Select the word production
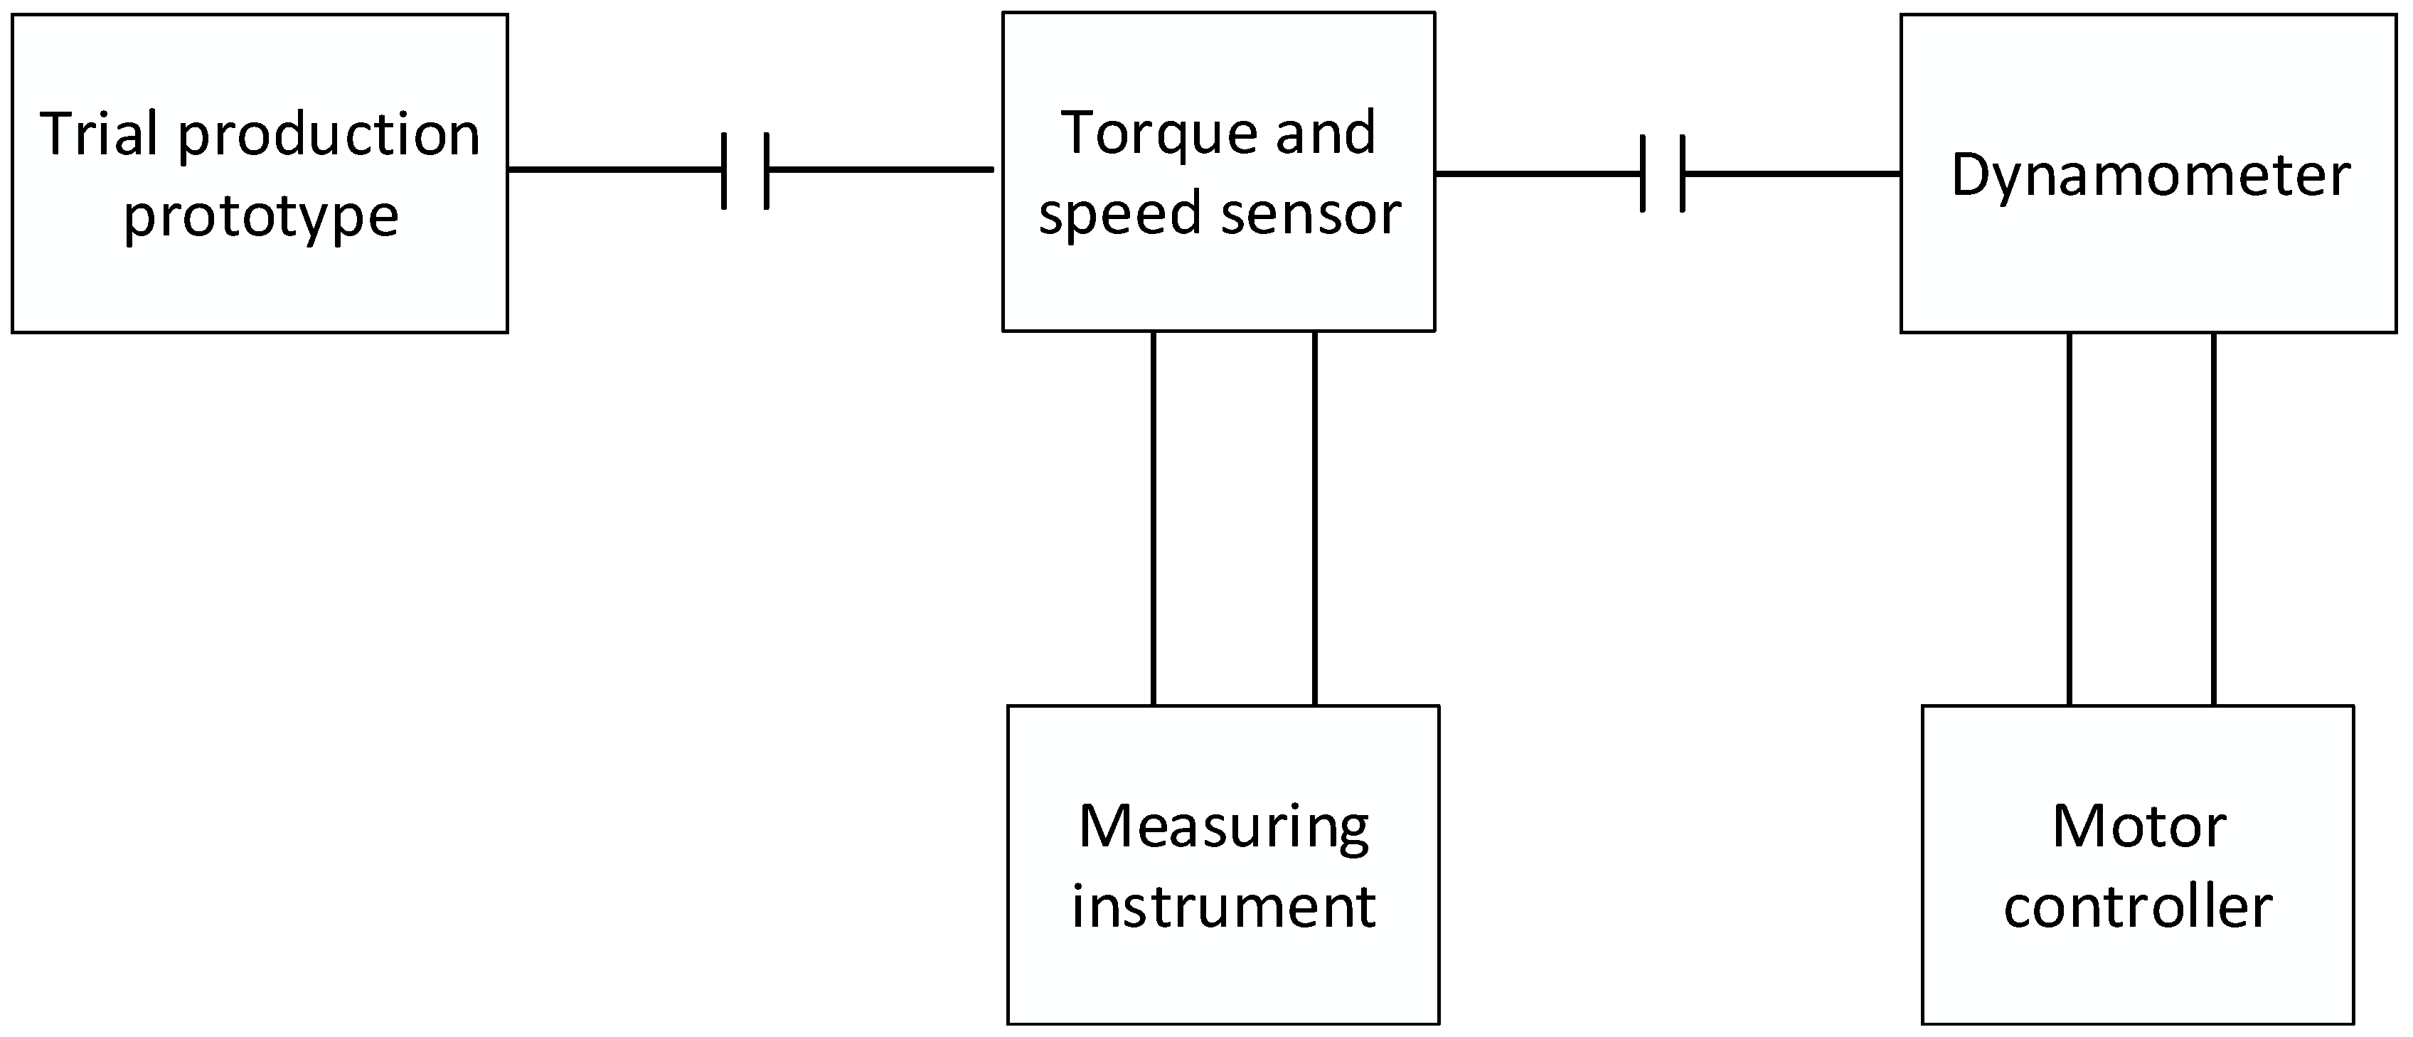tap(329, 137)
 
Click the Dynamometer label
tap(2150, 175)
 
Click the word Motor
tap(2139, 826)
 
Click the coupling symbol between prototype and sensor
tap(745, 171)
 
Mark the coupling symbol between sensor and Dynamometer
tap(1663, 174)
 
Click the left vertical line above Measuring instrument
tap(1153, 518)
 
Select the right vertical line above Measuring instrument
tap(1314, 518)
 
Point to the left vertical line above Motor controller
tap(2070, 518)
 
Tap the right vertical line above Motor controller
tap(2213, 518)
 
